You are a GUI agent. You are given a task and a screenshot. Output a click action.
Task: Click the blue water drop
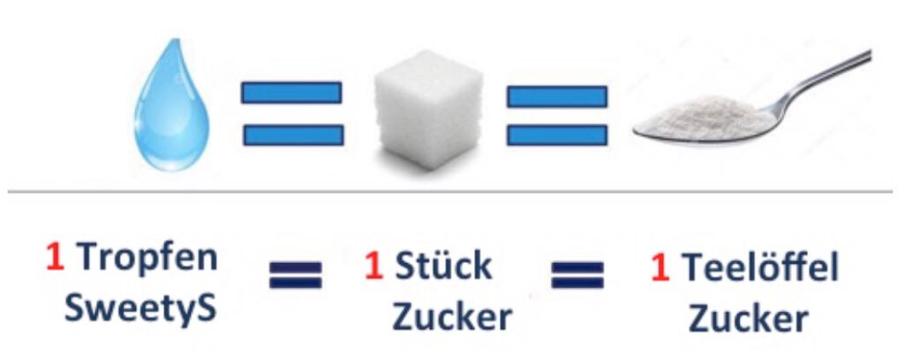(171, 116)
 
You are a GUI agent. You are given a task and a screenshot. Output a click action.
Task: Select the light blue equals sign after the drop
(292, 114)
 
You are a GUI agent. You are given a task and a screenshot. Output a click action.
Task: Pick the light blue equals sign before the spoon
(557, 115)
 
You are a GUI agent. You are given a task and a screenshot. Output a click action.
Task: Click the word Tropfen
(147, 258)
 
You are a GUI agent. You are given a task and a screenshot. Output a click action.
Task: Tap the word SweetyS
(140, 308)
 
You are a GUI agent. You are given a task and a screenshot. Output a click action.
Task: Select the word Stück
(443, 266)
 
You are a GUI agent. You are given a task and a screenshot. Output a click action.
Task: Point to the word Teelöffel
(760, 267)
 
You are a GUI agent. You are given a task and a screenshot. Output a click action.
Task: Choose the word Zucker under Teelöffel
(748, 318)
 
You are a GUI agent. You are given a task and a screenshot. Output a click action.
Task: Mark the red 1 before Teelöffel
(660, 268)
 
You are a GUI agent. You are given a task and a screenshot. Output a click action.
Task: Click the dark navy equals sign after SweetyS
(295, 274)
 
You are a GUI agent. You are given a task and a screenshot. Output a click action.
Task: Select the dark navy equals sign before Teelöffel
(577, 274)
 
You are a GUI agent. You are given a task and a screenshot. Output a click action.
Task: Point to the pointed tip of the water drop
(174, 39)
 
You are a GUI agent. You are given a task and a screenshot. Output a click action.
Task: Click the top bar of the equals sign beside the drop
(291, 92)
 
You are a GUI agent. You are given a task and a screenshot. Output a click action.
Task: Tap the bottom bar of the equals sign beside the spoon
(557, 135)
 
